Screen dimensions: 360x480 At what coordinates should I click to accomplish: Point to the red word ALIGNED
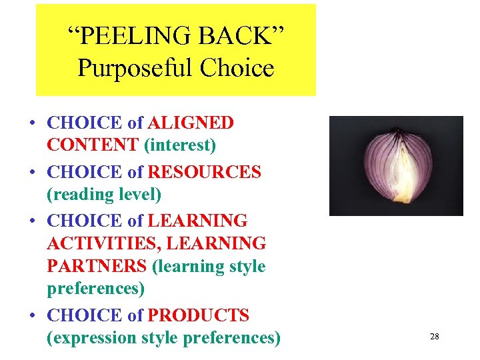tap(191, 123)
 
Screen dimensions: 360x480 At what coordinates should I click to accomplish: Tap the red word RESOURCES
tap(205, 173)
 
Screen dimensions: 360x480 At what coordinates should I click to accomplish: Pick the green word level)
tap(138, 195)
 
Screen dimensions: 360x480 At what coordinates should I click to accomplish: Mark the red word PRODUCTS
tap(199, 315)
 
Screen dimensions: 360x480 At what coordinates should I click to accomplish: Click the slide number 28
tap(434, 337)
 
